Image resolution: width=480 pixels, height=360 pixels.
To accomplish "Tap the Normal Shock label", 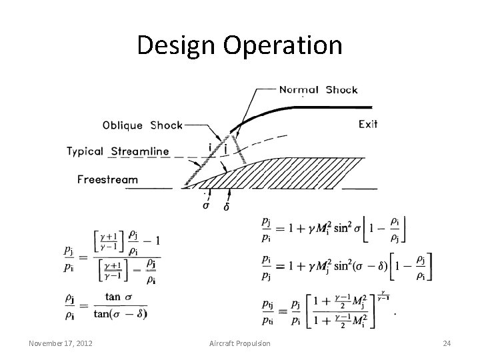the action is pyautogui.click(x=318, y=90).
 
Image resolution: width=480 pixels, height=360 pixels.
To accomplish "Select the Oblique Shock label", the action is pyautogui.click(x=142, y=125).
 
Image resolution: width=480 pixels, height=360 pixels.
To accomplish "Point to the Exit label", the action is pyautogui.click(x=369, y=124).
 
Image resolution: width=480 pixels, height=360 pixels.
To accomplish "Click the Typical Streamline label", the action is pyautogui.click(x=118, y=152).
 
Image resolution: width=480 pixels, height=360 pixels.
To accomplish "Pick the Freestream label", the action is pyautogui.click(x=108, y=179).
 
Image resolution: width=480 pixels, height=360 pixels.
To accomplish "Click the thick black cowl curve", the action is pyautogui.click(x=300, y=109).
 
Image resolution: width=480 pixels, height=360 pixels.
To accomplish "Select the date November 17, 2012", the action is pyautogui.click(x=61, y=343).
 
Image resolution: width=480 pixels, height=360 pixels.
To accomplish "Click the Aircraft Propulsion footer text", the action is pyautogui.click(x=241, y=343).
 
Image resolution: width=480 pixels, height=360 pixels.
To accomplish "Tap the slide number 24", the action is pyautogui.click(x=447, y=343).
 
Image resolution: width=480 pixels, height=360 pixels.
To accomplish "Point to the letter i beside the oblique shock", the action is pyautogui.click(x=211, y=147).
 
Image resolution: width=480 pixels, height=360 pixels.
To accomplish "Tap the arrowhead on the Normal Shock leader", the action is pyautogui.click(x=233, y=128).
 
